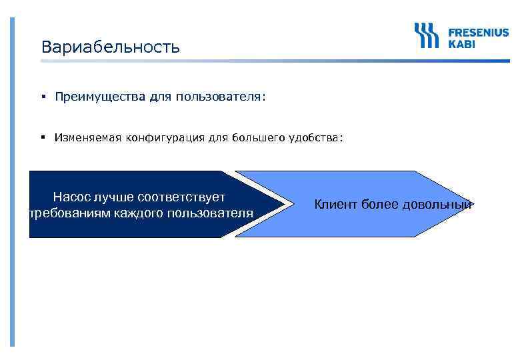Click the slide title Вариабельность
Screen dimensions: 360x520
[110, 47]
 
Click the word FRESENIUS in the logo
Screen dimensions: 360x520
[478, 31]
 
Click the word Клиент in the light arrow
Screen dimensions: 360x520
[335, 205]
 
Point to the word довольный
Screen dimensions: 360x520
[437, 205]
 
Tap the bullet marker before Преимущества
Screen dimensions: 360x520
[42, 97]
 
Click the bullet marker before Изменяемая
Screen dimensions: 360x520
[42, 138]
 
